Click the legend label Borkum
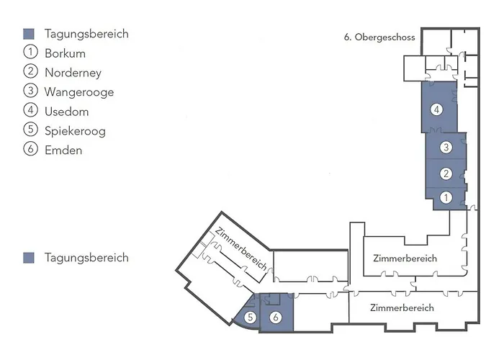coord(65,53)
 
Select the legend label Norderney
coord(73,73)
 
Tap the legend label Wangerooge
coord(78,92)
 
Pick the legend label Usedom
coord(66,112)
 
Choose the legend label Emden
coord(63,150)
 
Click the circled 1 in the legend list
coord(30,53)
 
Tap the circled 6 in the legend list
coord(30,150)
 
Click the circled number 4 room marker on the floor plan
coord(436,110)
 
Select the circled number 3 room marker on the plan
coord(446,148)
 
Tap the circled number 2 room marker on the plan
coord(446,173)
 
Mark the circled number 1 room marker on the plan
coord(446,197)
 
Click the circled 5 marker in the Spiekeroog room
coord(251,317)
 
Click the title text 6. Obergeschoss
coord(379,38)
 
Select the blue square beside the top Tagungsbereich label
coord(29,34)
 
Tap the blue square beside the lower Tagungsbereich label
coord(29,258)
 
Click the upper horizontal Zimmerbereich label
coord(405,258)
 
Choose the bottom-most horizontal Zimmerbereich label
coord(402,307)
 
